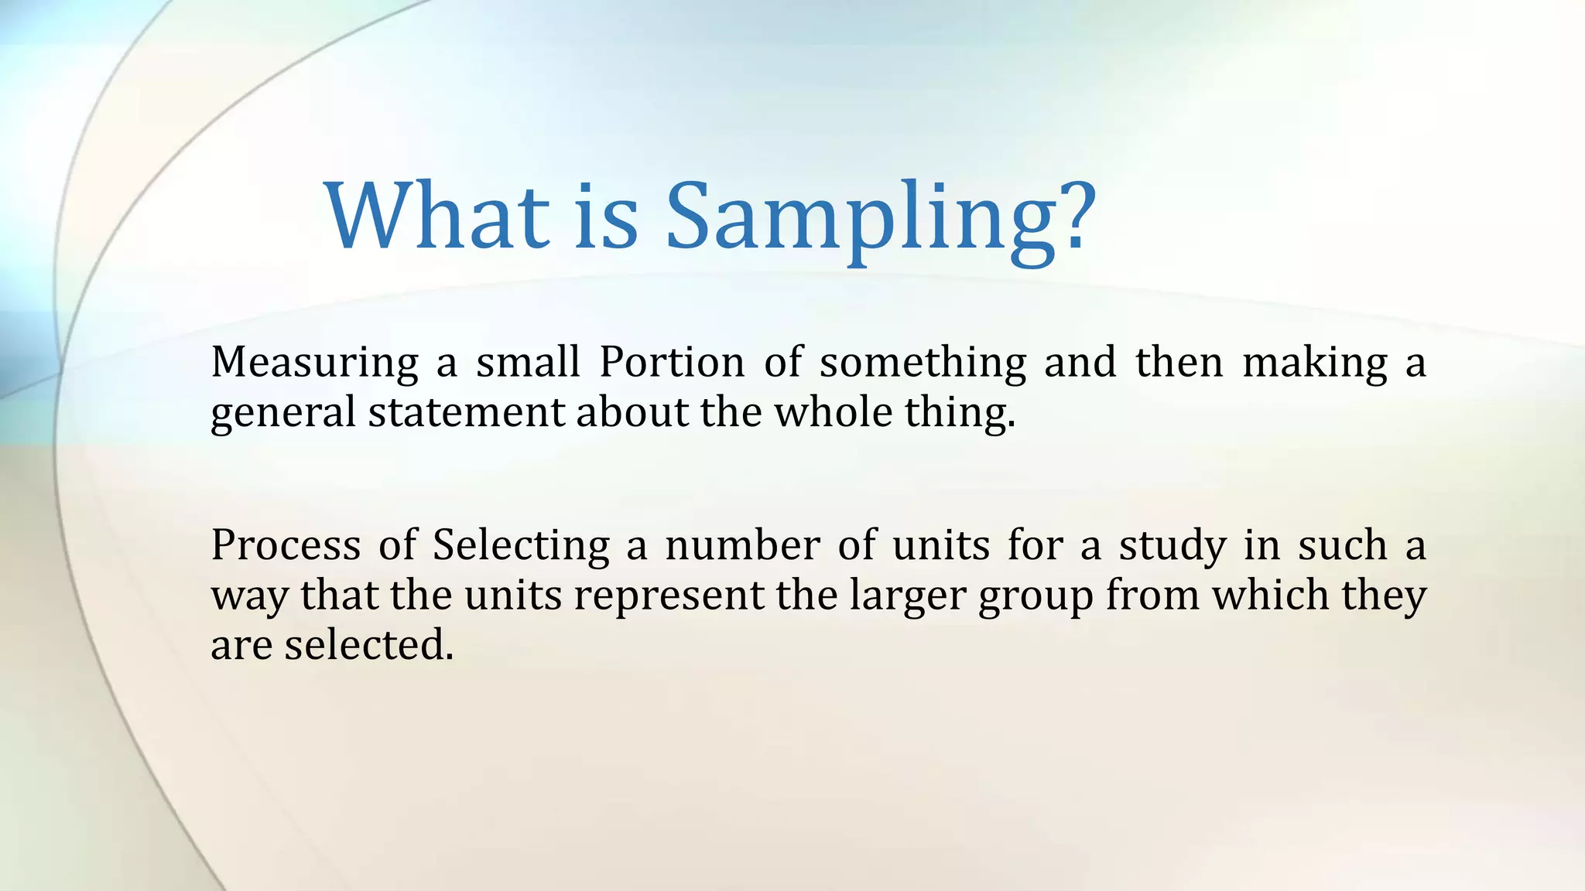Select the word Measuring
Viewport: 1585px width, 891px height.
click(314, 363)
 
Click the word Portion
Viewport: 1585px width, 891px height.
click(672, 361)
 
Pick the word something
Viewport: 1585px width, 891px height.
click(923, 363)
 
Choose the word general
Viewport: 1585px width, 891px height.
click(282, 413)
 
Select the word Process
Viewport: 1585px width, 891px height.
click(286, 544)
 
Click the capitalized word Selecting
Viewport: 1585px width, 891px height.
click(521, 546)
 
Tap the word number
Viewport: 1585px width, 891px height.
click(742, 544)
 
